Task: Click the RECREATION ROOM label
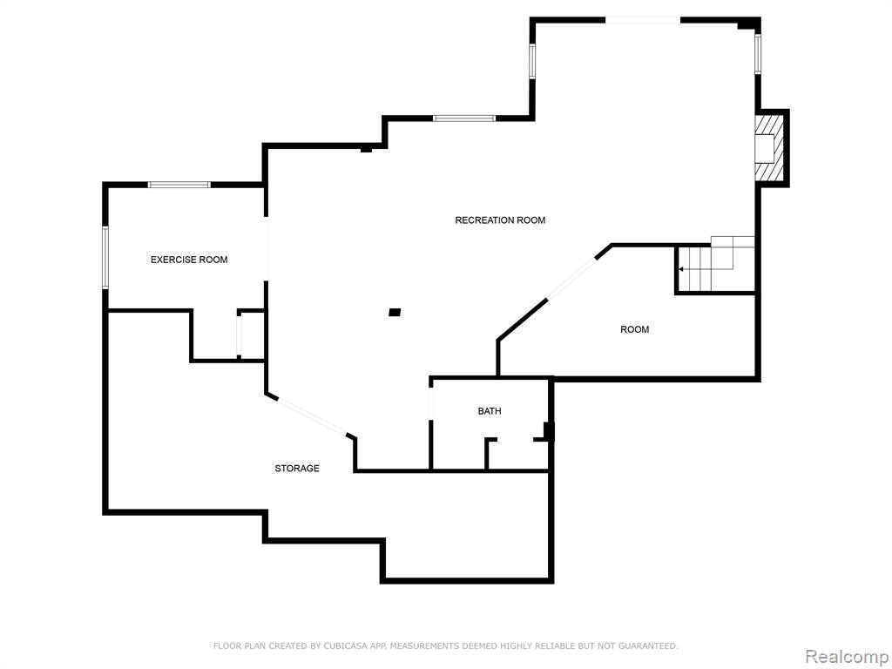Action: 500,220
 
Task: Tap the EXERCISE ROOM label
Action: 189,260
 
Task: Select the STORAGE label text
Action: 297,468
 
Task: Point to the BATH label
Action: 490,411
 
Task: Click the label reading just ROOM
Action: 634,329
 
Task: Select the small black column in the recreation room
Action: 395,313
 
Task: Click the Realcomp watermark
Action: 847,656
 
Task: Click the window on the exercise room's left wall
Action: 105,257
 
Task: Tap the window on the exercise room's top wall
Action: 179,185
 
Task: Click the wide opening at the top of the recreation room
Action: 643,20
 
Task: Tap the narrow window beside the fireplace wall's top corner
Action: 758,54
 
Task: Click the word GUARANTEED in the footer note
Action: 645,645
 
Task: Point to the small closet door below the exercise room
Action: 240,335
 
